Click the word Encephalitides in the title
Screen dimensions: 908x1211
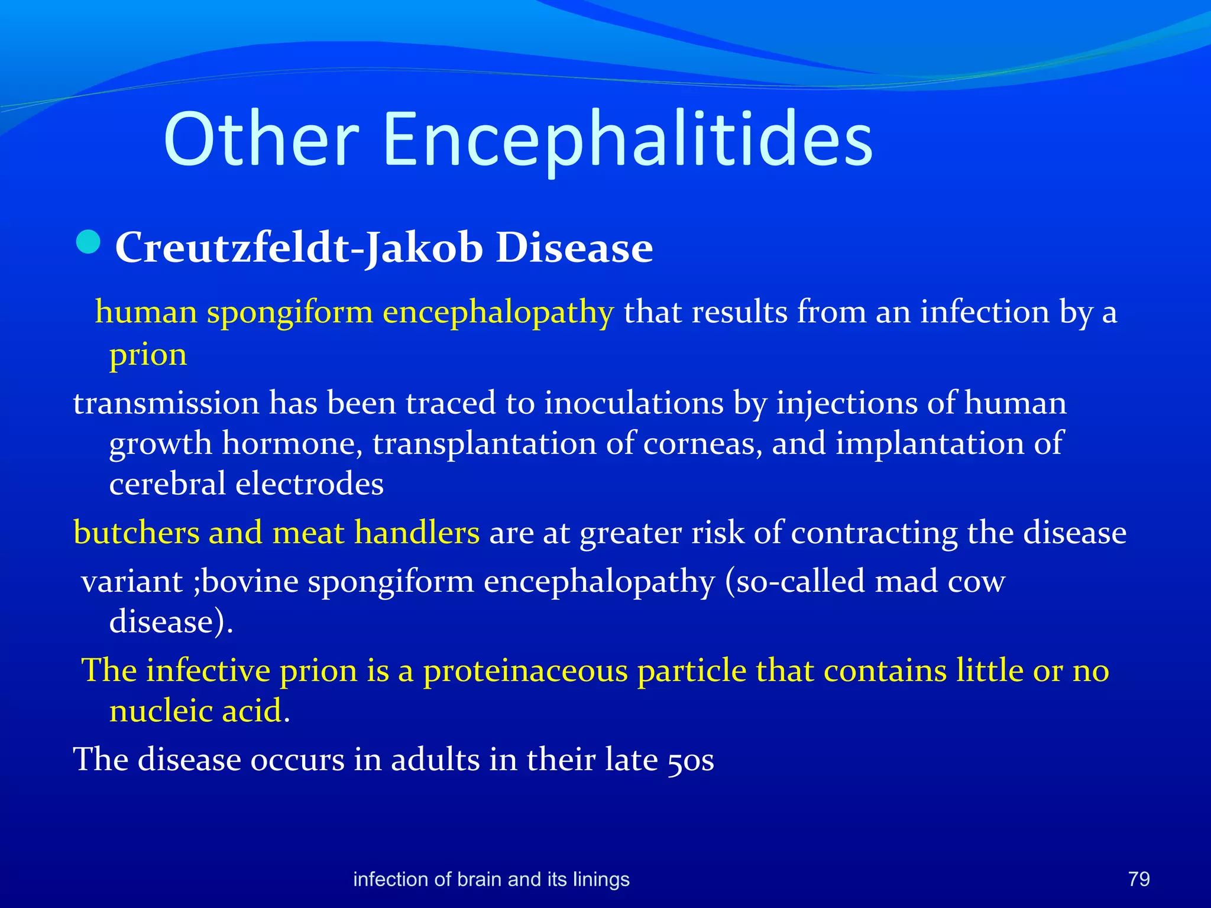tap(628, 140)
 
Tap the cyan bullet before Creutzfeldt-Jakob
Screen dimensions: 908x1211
tap(89, 242)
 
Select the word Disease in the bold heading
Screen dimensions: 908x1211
tap(574, 247)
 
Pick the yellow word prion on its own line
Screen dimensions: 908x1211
tap(148, 355)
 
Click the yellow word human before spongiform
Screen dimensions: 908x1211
tap(146, 312)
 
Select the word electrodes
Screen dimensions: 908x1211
tap(309, 484)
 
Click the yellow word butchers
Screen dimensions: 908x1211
tap(137, 533)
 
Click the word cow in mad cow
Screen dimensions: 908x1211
tap(976, 582)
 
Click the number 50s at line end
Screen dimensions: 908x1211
tap(691, 760)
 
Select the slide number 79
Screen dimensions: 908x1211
tap(1139, 879)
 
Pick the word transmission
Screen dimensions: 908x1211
tap(166, 403)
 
